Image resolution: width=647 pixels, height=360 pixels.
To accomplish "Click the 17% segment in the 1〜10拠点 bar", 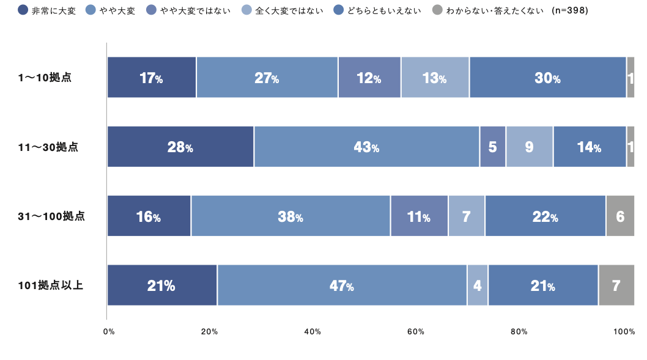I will point(151,78).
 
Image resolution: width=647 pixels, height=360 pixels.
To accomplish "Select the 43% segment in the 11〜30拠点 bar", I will point(366,147).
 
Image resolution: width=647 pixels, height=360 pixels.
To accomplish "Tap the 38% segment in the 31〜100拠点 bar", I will point(290,216).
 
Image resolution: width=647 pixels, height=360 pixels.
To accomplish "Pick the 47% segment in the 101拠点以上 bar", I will point(341,285).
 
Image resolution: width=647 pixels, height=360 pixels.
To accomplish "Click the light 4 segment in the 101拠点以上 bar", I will point(478,285).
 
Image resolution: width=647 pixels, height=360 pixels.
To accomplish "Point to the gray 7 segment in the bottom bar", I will point(616,285).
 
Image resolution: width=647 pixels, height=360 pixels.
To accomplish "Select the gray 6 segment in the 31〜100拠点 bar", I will point(620,216).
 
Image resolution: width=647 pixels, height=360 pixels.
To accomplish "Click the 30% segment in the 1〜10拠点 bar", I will point(547,78).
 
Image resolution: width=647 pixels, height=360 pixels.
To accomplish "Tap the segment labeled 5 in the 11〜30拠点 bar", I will point(492,147).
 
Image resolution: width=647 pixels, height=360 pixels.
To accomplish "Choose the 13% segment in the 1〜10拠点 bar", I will point(435,78).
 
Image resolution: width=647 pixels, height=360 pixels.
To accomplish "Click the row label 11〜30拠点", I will point(48,147).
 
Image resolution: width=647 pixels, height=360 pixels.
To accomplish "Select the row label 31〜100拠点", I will point(51,216).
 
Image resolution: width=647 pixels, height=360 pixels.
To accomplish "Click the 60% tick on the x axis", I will point(416,331).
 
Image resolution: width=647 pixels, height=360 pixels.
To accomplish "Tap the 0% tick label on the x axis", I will point(109,331).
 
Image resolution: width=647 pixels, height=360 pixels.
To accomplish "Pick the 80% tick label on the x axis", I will point(519,331).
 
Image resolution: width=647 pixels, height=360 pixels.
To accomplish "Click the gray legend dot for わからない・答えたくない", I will point(437,10).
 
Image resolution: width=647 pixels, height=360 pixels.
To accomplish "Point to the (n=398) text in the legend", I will point(569,10).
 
